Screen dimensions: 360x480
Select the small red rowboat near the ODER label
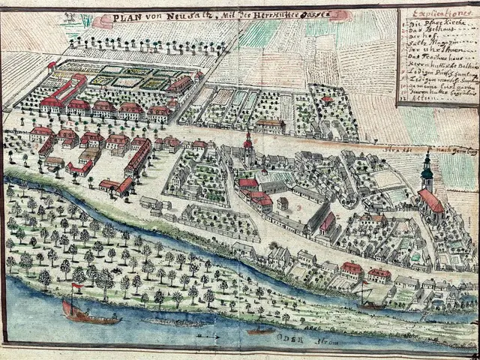pyautogui.click(x=261, y=331)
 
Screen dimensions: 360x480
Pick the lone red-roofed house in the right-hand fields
pyautogui.click(x=327, y=100)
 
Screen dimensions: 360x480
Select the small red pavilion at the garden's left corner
pyautogui.click(x=51, y=66)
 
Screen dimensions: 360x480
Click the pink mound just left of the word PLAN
pyautogui.click(x=103, y=21)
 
